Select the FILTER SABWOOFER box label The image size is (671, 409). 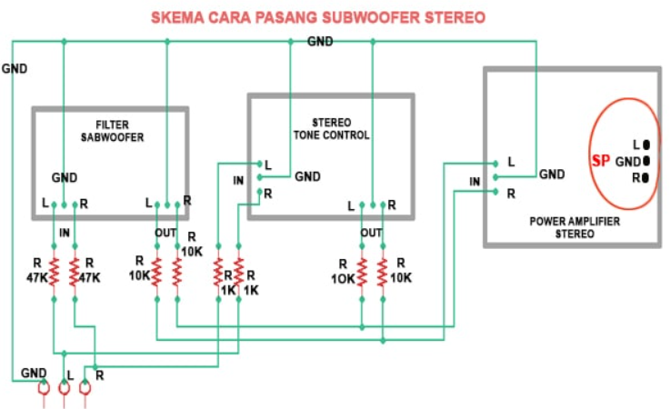111,132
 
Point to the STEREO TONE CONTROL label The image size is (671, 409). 331,128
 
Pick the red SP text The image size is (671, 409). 600,161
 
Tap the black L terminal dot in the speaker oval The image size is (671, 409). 646,144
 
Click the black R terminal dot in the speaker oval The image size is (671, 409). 646,178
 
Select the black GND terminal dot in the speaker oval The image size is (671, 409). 646,161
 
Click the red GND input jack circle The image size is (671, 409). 42,388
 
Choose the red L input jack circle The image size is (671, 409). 64,388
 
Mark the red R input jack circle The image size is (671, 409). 85,388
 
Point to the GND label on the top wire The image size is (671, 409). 319,42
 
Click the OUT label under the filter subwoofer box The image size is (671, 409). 166,233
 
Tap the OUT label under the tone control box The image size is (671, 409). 371,233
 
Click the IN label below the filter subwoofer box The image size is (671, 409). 65,233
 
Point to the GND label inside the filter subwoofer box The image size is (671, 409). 65,177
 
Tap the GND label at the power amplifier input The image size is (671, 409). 552,174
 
